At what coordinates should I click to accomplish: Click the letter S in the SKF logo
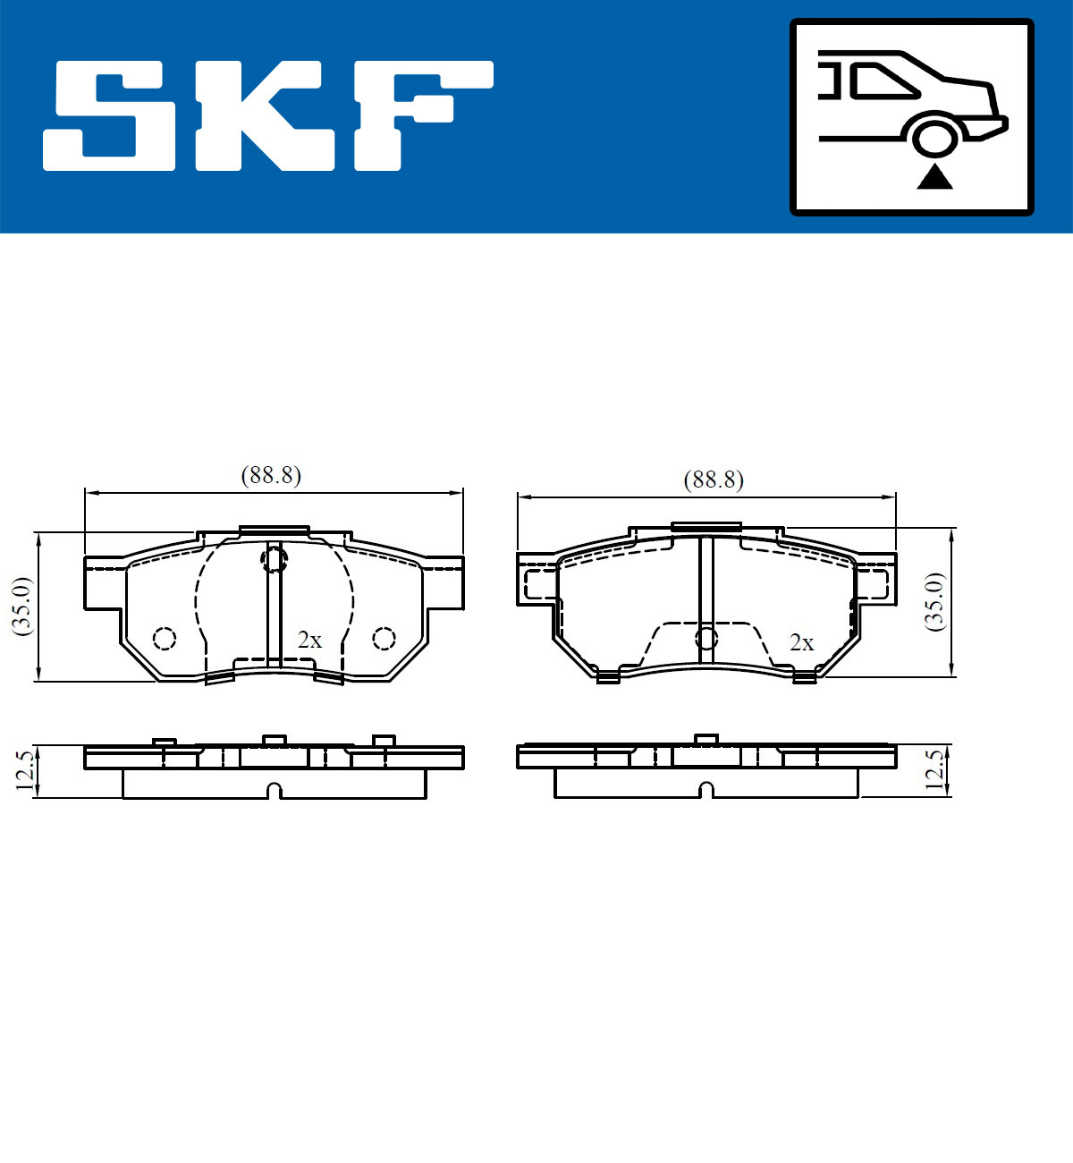(109, 116)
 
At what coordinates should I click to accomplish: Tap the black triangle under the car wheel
(934, 178)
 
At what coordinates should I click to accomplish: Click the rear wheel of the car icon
(934, 139)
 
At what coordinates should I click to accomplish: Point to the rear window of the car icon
(883, 81)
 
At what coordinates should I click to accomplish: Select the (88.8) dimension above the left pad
(271, 476)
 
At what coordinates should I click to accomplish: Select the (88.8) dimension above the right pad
(714, 480)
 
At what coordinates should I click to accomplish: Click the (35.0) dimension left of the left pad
(22, 606)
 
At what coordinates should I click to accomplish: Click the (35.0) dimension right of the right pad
(934, 601)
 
